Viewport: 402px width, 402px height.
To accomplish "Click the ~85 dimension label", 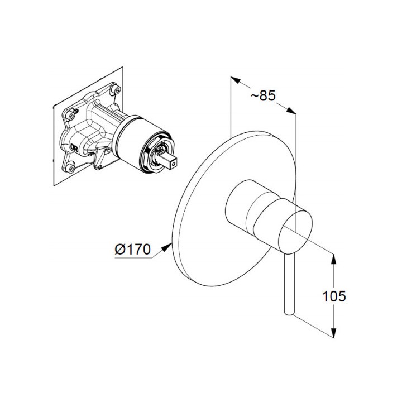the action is [x=263, y=95].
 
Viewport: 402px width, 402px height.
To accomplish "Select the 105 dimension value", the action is [x=334, y=296].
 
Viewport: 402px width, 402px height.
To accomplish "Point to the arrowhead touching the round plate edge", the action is [x=167, y=248].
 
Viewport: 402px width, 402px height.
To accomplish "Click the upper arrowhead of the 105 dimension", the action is [x=333, y=259].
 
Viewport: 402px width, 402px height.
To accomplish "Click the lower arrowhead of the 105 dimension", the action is [x=333, y=333].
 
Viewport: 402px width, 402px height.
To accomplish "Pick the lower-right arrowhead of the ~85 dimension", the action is [x=291, y=111].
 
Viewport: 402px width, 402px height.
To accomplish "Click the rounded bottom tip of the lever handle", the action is [x=289, y=313].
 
